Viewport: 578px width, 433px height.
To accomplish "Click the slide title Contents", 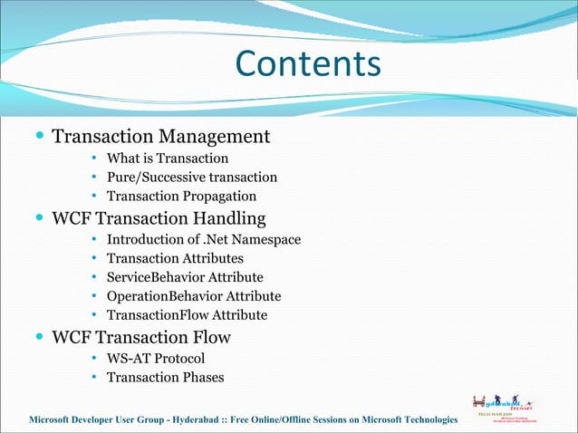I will [x=308, y=64].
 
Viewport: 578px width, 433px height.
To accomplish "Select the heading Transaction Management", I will [x=160, y=137].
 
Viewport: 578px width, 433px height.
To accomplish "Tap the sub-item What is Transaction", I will [x=161, y=159].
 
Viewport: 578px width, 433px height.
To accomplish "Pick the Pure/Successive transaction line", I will [x=191, y=178].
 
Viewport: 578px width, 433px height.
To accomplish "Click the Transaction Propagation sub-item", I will [x=181, y=197].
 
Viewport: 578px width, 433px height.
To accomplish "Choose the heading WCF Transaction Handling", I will [x=159, y=218].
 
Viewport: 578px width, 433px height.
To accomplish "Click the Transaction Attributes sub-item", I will [x=175, y=259].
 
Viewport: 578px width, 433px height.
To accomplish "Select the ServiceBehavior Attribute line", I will [x=185, y=277].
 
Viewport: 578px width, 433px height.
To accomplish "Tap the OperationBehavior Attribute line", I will [x=194, y=296].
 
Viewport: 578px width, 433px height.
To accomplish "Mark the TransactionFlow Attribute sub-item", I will [x=187, y=315].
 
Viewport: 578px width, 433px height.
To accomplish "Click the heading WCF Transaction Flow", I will [x=141, y=338].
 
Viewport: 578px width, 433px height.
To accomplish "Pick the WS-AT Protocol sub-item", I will [x=149, y=359].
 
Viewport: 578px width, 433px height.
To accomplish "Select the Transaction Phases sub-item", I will [x=165, y=378].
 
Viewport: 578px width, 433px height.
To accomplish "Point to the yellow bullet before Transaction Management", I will [x=38, y=138].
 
